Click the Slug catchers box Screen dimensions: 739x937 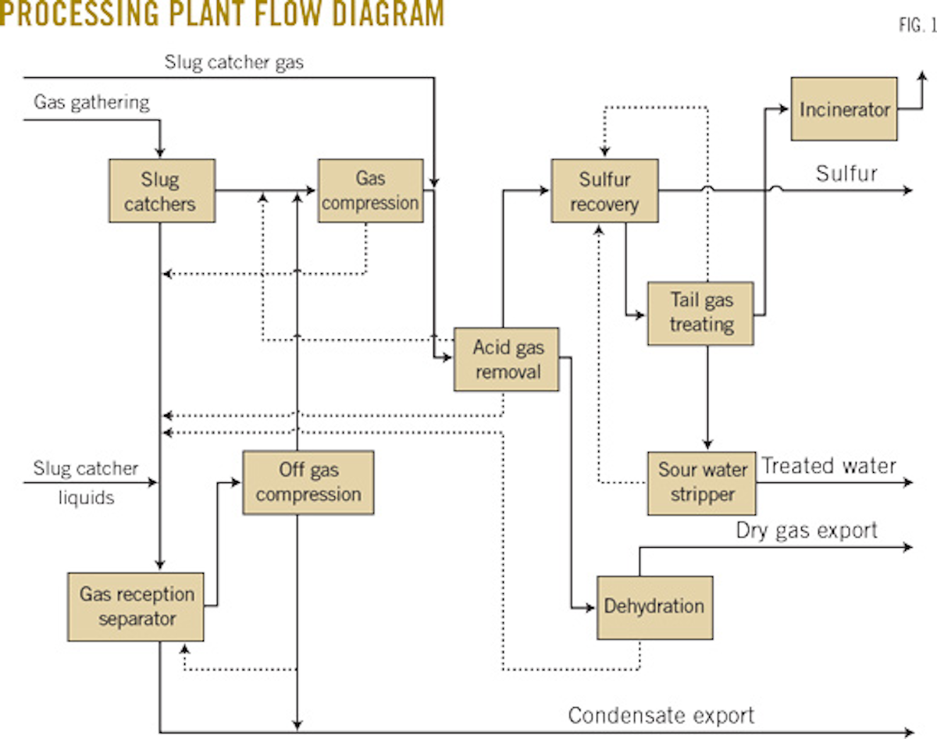pyautogui.click(x=162, y=191)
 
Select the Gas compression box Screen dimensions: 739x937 pyautogui.click(x=370, y=191)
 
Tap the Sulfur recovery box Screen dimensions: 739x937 pyautogui.click(x=604, y=191)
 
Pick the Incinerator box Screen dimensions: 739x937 pyautogui.click(x=843, y=109)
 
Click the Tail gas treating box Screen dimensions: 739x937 pyautogui.click(x=700, y=313)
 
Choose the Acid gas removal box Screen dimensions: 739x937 pyautogui.click(x=507, y=359)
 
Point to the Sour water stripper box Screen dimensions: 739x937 pyautogui.click(x=701, y=482)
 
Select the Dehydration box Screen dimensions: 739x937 pyautogui.click(x=654, y=606)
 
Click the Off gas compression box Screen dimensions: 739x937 pyautogui.click(x=308, y=482)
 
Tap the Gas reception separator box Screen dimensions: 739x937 pyautogui.click(x=136, y=606)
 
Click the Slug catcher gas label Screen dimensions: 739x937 pyautogui.click(x=233, y=63)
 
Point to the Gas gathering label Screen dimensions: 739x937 pyautogui.click(x=91, y=102)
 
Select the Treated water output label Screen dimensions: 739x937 pyautogui.click(x=828, y=466)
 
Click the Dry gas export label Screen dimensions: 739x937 pyautogui.click(x=807, y=531)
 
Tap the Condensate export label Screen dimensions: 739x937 pyautogui.click(x=661, y=715)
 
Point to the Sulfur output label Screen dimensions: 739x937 pyautogui.click(x=846, y=173)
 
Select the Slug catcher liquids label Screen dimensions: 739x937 pyautogui.click(x=85, y=482)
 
